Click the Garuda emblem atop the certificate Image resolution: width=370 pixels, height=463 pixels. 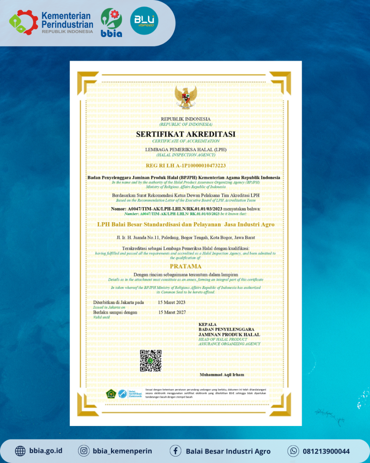186,98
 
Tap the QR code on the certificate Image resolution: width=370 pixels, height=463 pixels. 151,361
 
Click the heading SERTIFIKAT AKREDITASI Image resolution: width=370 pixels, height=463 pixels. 186,134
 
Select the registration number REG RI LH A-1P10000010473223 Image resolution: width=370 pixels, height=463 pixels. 186,166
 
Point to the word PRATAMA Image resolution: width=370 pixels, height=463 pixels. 186,266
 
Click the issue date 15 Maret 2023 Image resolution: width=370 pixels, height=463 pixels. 172,303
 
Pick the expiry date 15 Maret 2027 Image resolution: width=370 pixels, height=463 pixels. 172,312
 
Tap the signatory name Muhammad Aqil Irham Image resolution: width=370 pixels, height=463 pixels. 222,375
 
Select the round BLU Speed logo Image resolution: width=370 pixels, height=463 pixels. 144,21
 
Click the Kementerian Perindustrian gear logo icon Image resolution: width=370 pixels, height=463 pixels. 23,22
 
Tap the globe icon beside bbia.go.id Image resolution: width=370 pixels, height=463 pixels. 20,451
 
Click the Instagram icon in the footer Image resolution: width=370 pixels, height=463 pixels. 83,451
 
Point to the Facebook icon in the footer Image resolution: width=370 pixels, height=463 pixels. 175,451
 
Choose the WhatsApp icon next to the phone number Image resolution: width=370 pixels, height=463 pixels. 293,451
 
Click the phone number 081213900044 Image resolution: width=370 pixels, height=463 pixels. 326,451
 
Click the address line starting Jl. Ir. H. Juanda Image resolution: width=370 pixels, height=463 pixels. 186,237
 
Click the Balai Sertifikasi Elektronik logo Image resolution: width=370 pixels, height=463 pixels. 130,394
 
